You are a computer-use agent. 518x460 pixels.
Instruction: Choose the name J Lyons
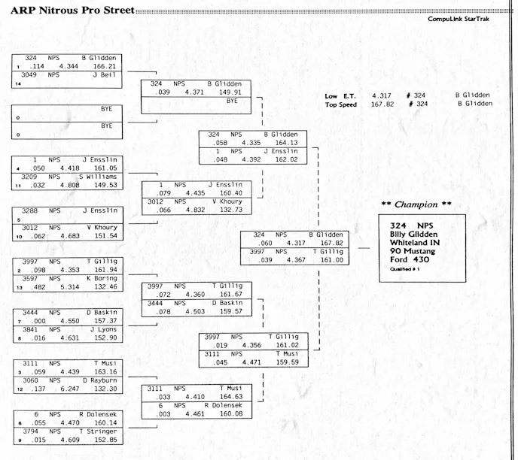(101, 329)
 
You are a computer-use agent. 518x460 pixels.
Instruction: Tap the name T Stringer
(96, 431)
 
